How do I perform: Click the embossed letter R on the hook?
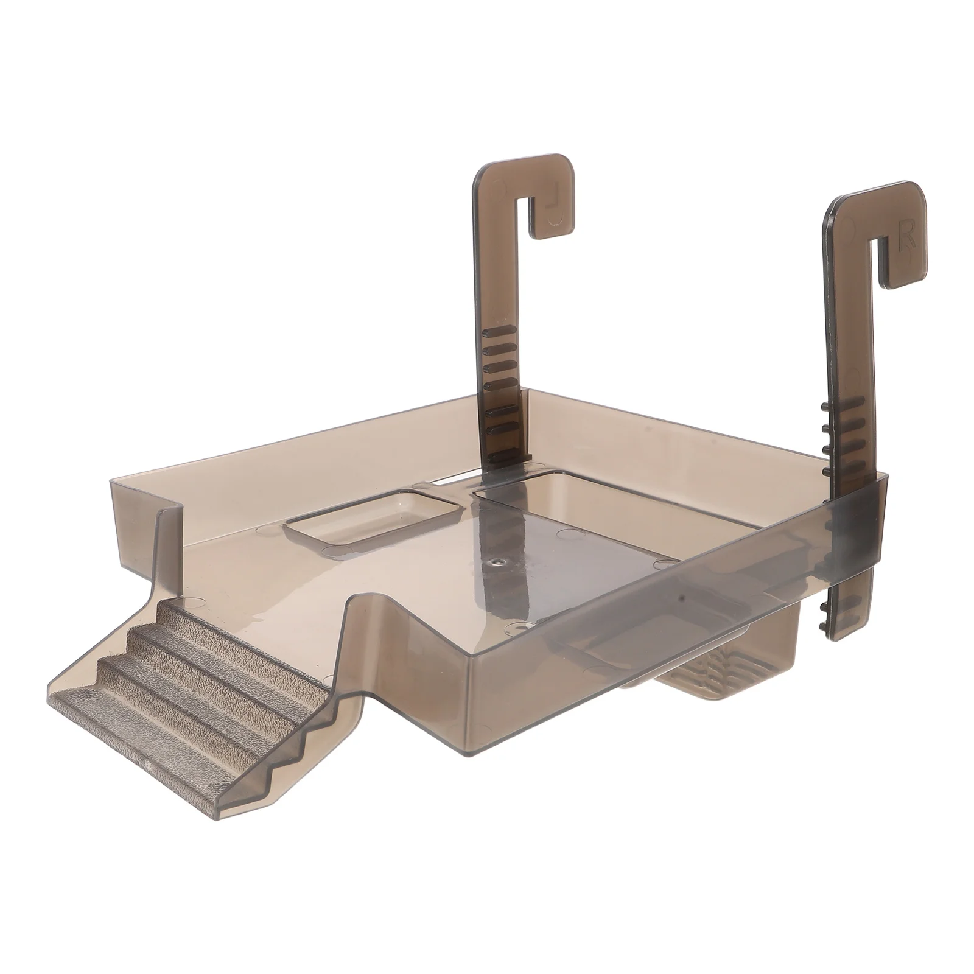[x=908, y=233]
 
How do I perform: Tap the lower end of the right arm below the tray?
[x=846, y=609]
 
